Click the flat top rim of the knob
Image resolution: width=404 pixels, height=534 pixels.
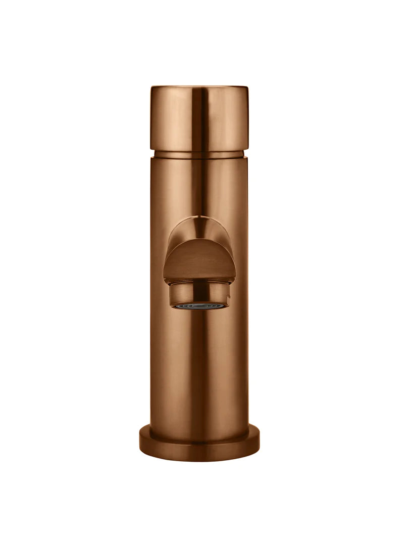[199, 88]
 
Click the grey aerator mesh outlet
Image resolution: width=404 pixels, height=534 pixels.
[199, 306]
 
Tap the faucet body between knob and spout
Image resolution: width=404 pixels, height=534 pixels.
[199, 187]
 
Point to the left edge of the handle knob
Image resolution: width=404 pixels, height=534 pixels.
[151, 119]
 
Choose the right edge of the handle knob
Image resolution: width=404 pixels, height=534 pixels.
[247, 119]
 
